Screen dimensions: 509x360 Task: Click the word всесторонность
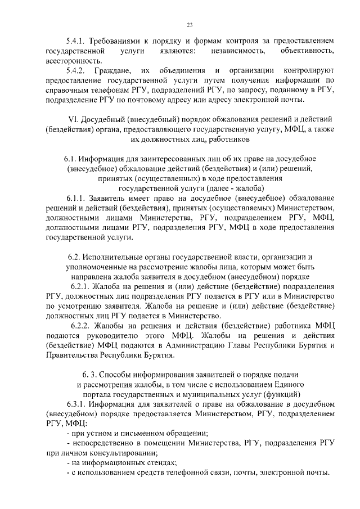(x=74, y=61)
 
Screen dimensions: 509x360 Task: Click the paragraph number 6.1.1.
(x=78, y=199)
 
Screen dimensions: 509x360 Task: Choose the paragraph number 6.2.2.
(x=82, y=326)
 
